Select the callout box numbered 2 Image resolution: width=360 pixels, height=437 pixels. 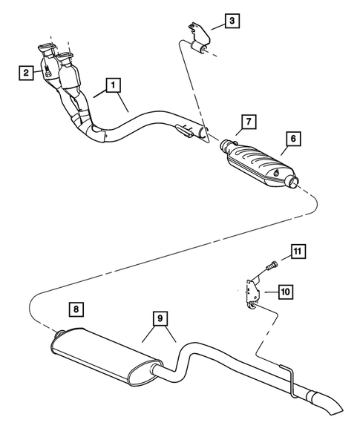27,72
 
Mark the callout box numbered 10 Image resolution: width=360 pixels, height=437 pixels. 284,292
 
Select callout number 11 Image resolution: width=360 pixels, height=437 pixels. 296,253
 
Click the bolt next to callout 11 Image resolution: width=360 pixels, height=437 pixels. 269,264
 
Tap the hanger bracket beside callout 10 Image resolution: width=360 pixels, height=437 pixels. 252,292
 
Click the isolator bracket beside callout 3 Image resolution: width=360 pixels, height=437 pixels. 196,42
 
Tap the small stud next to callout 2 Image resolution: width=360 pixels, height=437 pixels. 46,73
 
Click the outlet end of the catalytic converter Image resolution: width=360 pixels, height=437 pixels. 293,182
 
